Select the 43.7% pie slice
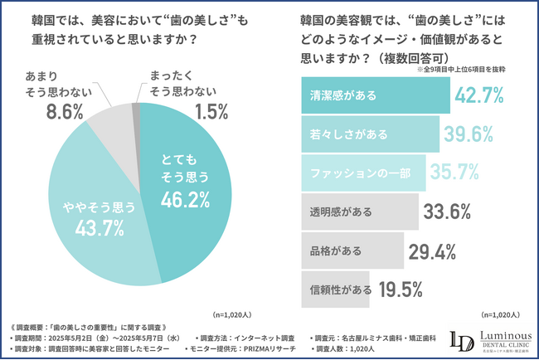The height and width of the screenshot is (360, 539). (91, 224)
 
